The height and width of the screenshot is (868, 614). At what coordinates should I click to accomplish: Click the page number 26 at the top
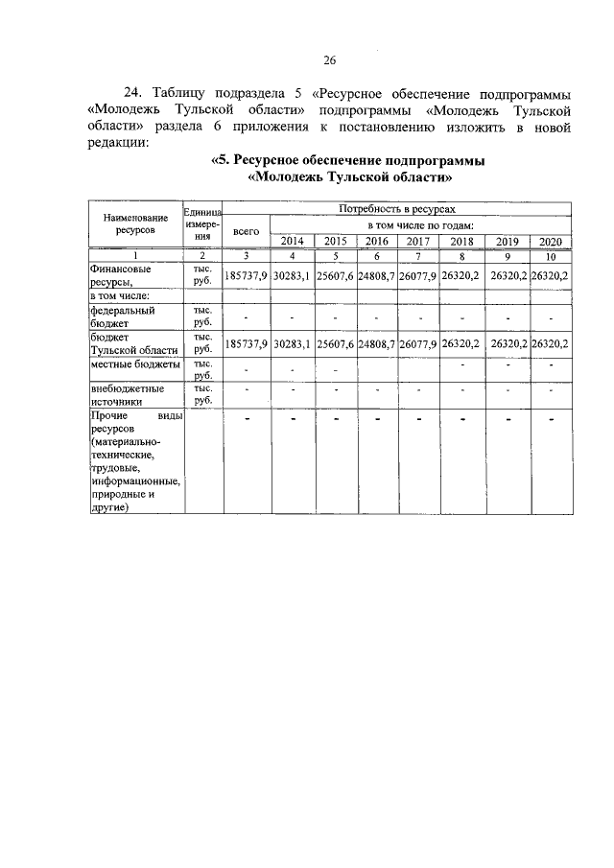329,60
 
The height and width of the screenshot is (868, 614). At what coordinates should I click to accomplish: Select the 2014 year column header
293,241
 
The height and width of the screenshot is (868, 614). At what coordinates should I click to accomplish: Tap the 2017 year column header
417,241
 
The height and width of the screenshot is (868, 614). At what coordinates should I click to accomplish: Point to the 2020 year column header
550,241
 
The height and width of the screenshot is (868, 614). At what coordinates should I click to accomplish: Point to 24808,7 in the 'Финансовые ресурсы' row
376,275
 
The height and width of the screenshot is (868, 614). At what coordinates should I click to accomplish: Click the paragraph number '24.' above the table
135,94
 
